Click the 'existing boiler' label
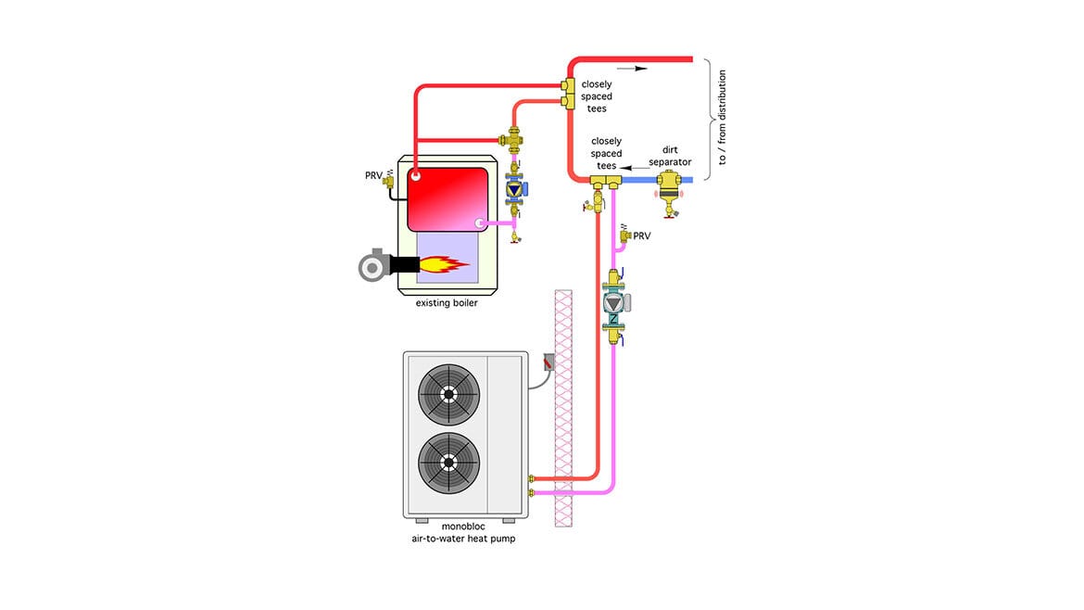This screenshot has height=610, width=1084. click(x=447, y=303)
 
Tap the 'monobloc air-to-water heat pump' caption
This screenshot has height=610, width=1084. click(x=463, y=532)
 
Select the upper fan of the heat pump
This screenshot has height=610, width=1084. click(x=448, y=394)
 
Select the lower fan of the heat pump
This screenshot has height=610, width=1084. click(x=448, y=463)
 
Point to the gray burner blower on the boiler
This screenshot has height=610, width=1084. click(x=374, y=265)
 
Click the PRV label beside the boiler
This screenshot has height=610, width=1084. click(x=373, y=175)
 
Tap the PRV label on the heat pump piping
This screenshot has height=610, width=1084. click(x=641, y=235)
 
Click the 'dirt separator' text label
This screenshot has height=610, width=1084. click(x=670, y=156)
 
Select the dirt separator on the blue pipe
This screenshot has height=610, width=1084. click(x=669, y=192)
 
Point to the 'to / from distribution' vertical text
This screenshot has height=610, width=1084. click(x=722, y=117)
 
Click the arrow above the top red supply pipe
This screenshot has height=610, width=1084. click(x=632, y=69)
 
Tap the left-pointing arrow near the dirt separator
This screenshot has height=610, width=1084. click(x=635, y=168)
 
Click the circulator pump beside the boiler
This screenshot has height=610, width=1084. click(x=515, y=188)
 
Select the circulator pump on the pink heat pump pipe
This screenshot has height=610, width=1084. click(x=614, y=303)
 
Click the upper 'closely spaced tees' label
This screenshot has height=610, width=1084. click(x=597, y=96)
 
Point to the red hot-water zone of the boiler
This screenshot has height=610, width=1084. click(x=447, y=199)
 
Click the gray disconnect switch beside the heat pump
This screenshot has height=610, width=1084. click(x=548, y=362)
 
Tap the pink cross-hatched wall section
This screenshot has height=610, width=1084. click(x=563, y=408)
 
